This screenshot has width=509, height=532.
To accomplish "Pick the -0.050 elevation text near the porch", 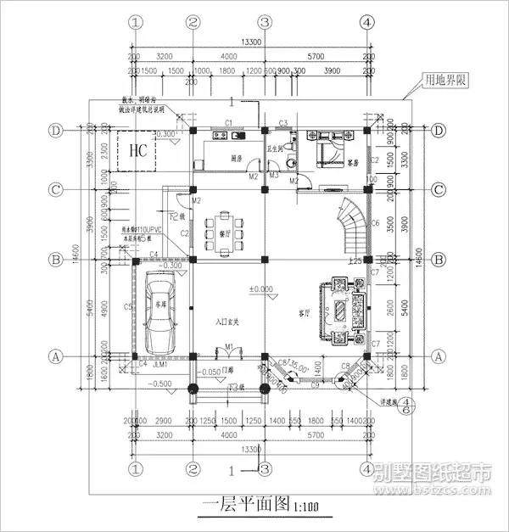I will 207,371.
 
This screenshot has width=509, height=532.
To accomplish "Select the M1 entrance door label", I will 229,346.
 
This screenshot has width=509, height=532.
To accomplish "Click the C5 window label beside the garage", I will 127,306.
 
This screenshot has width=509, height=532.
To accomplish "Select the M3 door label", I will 274,176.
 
